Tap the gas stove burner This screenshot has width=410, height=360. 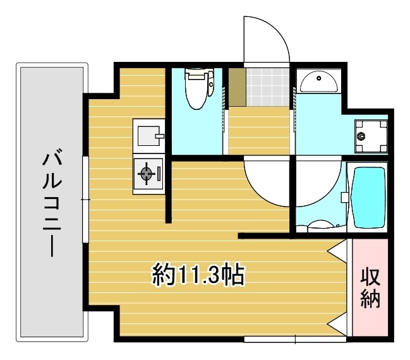[147, 173]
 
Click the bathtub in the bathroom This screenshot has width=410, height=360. [368, 197]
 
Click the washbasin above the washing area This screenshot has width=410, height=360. [319, 81]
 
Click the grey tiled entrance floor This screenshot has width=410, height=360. [266, 87]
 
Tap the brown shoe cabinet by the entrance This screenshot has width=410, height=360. [236, 87]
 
